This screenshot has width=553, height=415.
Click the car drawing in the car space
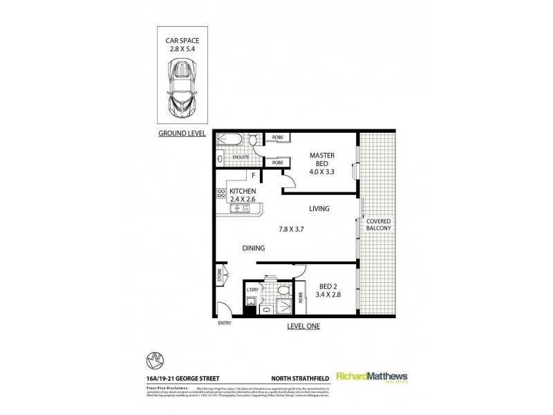pyautogui.click(x=182, y=86)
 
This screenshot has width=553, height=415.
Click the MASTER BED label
pyautogui.click(x=321, y=160)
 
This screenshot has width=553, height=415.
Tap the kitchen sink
pyautogui.click(x=239, y=207)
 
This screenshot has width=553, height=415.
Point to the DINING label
pyautogui.click(x=254, y=248)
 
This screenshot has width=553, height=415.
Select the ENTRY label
pyautogui.click(x=223, y=322)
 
